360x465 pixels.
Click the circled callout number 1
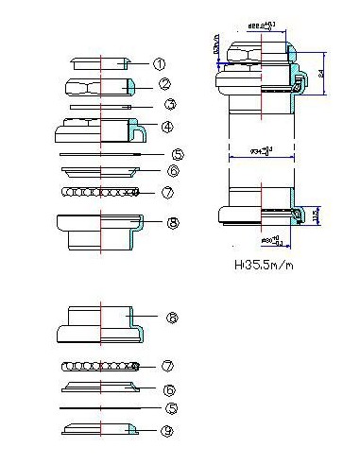click(x=159, y=64)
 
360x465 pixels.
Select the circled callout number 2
click(x=163, y=84)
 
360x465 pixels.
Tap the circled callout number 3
click(x=169, y=105)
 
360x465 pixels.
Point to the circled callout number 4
click(x=167, y=126)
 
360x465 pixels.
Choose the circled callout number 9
click(x=167, y=432)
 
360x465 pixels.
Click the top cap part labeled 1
click(x=99, y=63)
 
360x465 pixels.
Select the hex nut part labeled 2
click(x=99, y=87)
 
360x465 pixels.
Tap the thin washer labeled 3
click(x=99, y=107)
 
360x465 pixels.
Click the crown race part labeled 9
click(x=99, y=431)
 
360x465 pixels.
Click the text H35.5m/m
click(x=263, y=266)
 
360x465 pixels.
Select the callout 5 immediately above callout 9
click(x=171, y=408)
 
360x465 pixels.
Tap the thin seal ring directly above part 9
click(x=99, y=407)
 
